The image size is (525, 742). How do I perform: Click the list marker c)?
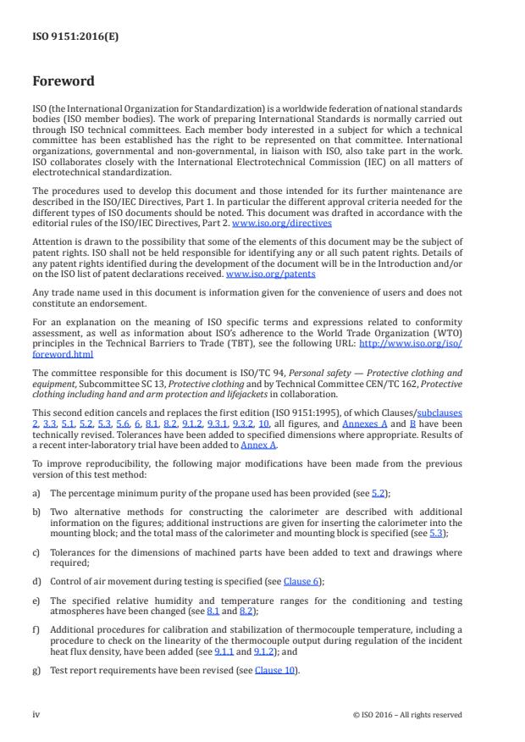37,551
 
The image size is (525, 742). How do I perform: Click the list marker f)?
37,631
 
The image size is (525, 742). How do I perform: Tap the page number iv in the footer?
36,714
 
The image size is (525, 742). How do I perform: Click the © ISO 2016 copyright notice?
407,714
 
